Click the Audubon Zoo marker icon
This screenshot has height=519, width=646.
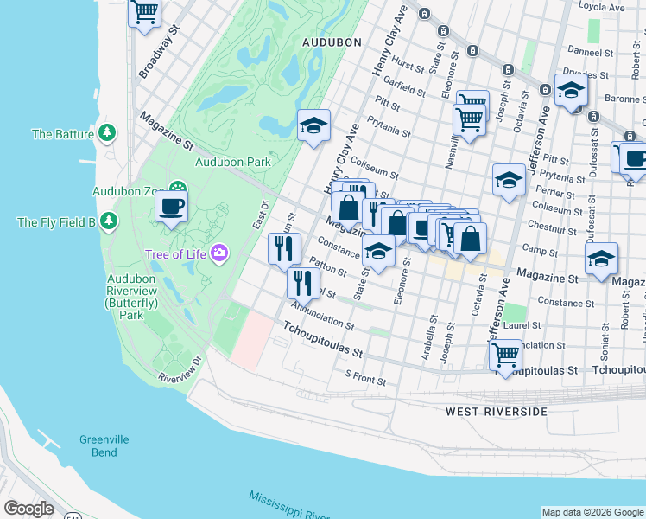click(178, 188)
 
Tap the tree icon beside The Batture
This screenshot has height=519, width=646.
click(107, 133)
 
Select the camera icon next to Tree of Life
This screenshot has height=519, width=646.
click(219, 252)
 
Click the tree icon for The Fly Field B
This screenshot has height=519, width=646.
click(108, 221)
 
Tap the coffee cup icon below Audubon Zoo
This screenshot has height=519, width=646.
click(171, 207)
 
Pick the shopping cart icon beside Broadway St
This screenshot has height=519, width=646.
click(145, 12)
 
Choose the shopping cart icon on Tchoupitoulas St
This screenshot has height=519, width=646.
click(504, 354)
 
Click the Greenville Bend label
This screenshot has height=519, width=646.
click(104, 445)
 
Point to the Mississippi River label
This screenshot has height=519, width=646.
click(285, 505)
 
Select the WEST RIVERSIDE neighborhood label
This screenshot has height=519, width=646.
click(497, 412)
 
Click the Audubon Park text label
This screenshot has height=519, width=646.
click(233, 161)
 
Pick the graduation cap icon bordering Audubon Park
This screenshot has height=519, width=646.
click(313, 125)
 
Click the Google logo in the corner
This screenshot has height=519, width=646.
click(29, 509)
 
